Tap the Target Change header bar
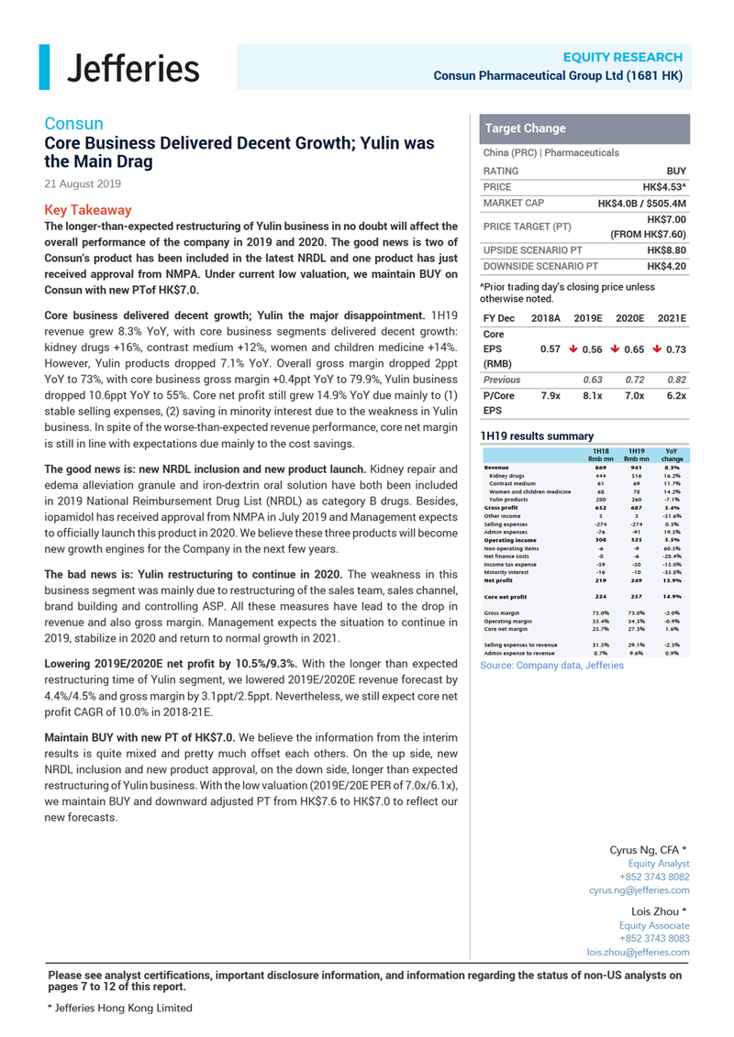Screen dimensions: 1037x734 525,128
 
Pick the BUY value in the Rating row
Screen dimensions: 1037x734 675,171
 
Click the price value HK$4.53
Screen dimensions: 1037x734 663,186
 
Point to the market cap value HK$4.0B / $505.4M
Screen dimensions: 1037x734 641,203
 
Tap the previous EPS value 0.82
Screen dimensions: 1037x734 677,379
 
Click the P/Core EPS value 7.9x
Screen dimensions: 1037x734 551,395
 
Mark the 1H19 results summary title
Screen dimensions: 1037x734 537,436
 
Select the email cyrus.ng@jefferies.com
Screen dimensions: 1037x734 639,890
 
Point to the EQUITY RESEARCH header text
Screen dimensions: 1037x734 622,57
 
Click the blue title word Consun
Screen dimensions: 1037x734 73,124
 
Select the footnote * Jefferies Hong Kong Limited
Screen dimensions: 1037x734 120,1008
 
